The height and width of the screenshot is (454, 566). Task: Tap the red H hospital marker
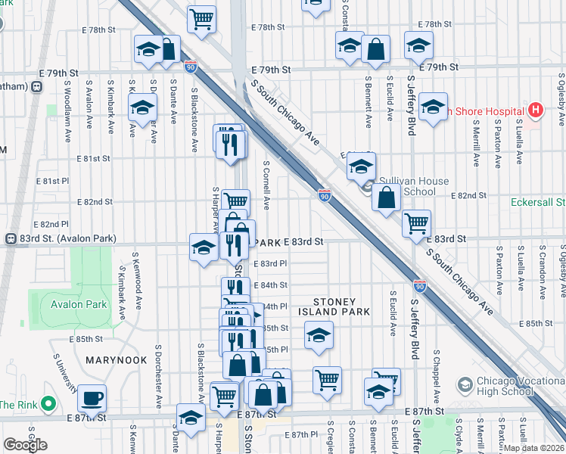[536, 110]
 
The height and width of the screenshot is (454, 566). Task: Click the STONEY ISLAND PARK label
[334, 306]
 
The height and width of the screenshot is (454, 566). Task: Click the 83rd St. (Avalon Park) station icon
[11, 238]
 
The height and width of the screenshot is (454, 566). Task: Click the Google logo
[26, 444]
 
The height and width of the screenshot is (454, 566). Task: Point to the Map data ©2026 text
[534, 447]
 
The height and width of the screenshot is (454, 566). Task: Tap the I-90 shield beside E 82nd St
[324, 196]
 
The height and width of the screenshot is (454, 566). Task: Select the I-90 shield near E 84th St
[420, 286]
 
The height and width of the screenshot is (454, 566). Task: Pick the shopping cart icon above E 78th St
[202, 18]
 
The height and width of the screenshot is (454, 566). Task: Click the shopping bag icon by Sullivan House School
[386, 199]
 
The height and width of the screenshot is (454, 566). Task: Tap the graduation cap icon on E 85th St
[319, 334]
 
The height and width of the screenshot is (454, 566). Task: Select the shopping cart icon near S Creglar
[327, 380]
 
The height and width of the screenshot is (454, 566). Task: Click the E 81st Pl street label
[55, 181]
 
